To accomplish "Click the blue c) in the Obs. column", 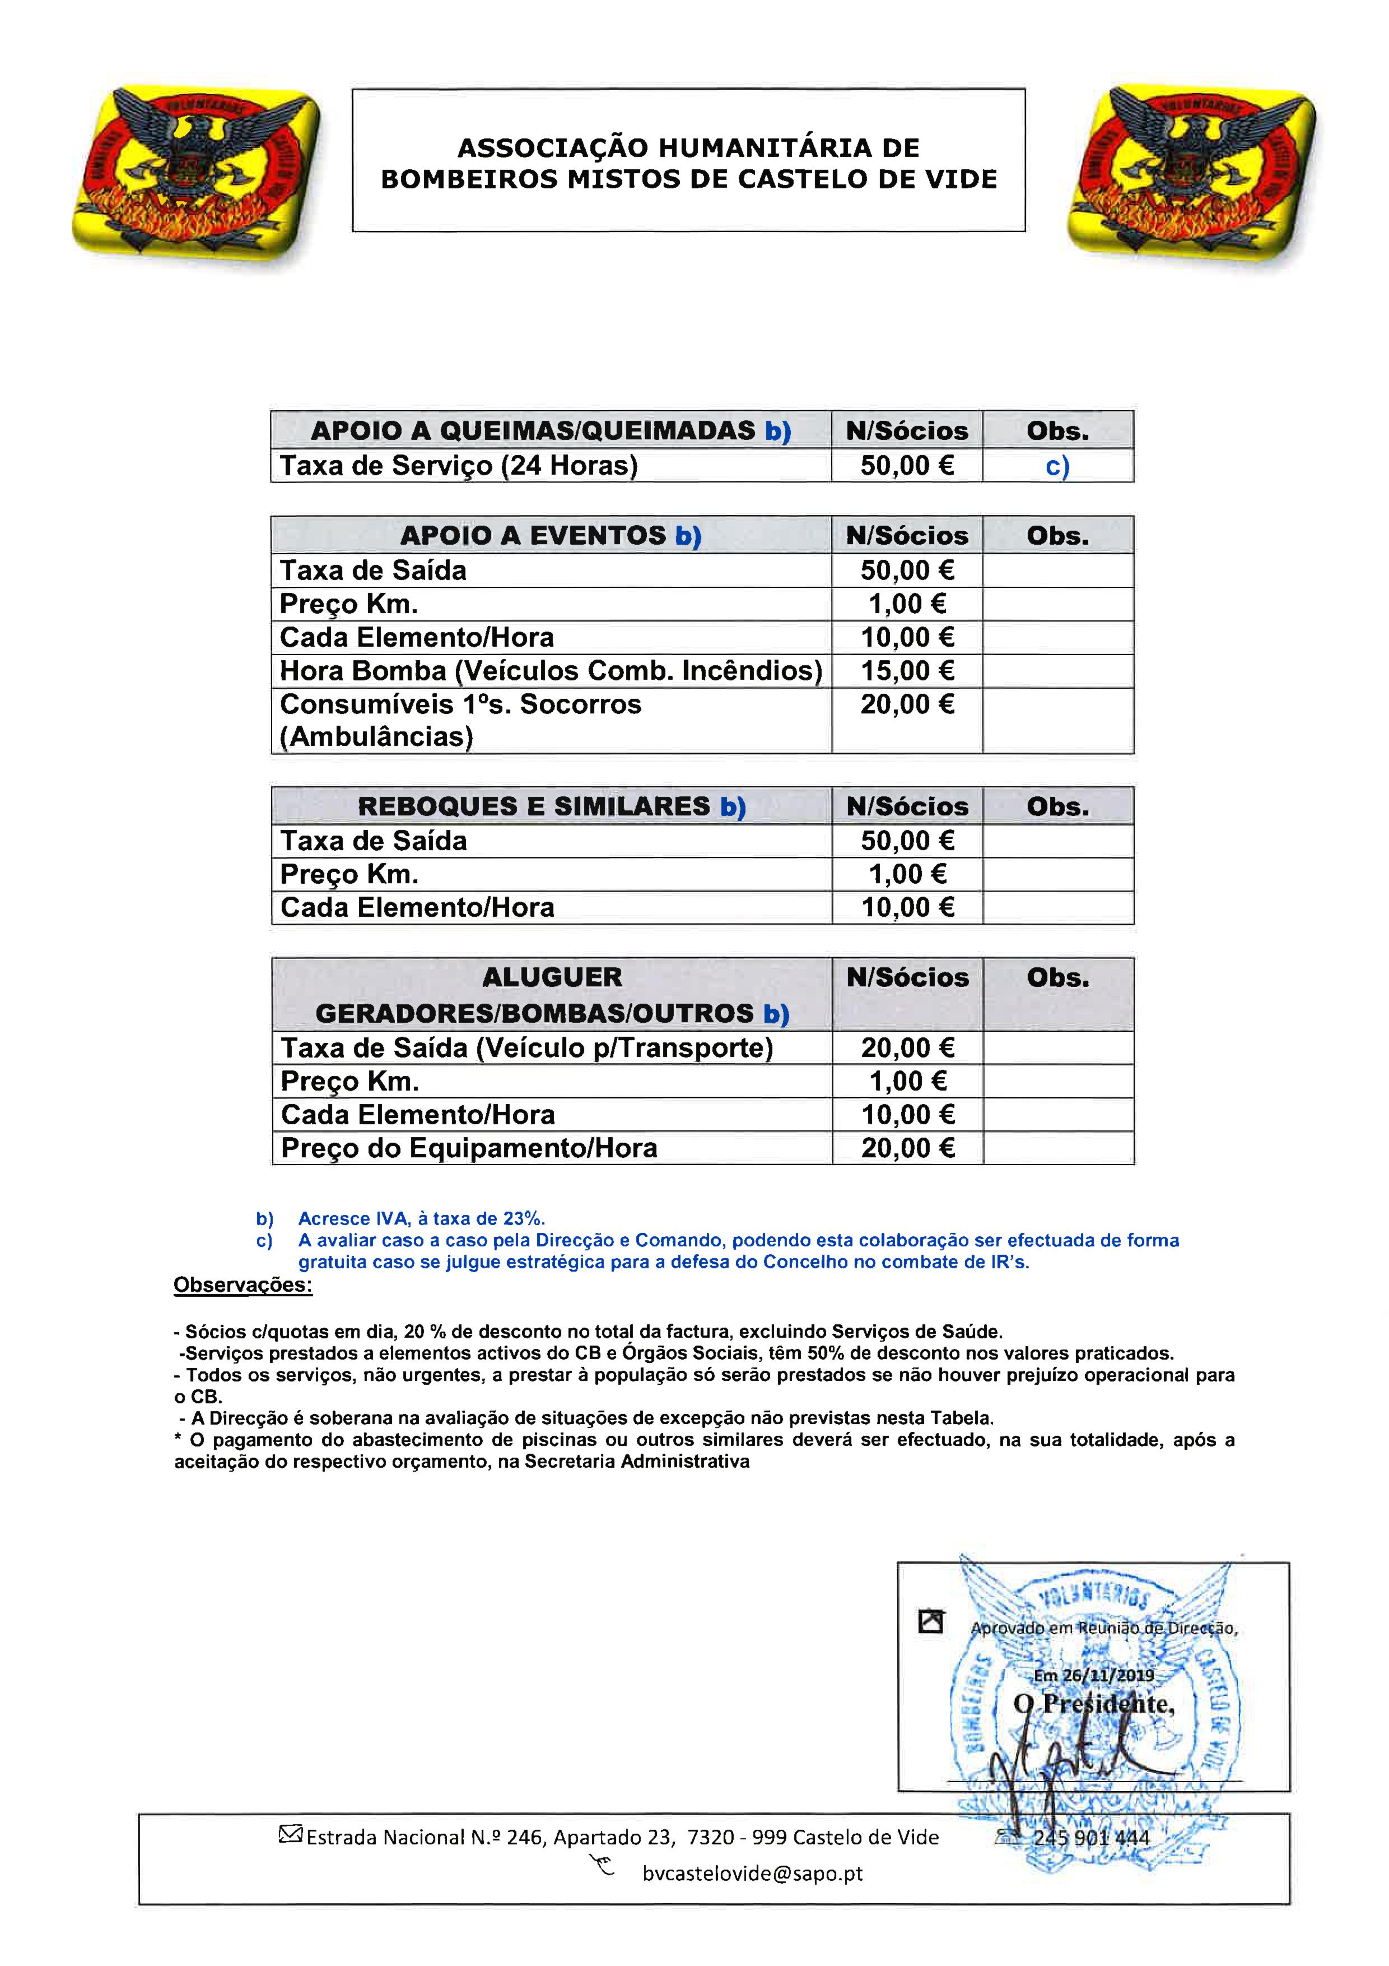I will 1057,467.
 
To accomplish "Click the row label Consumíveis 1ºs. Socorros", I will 460,704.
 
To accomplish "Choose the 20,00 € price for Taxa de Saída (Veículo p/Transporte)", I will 907,1047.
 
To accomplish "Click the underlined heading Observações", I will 243,1285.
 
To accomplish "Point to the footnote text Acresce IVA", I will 421,1218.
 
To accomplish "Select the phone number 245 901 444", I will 1091,1838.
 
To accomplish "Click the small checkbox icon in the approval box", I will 930,1621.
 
